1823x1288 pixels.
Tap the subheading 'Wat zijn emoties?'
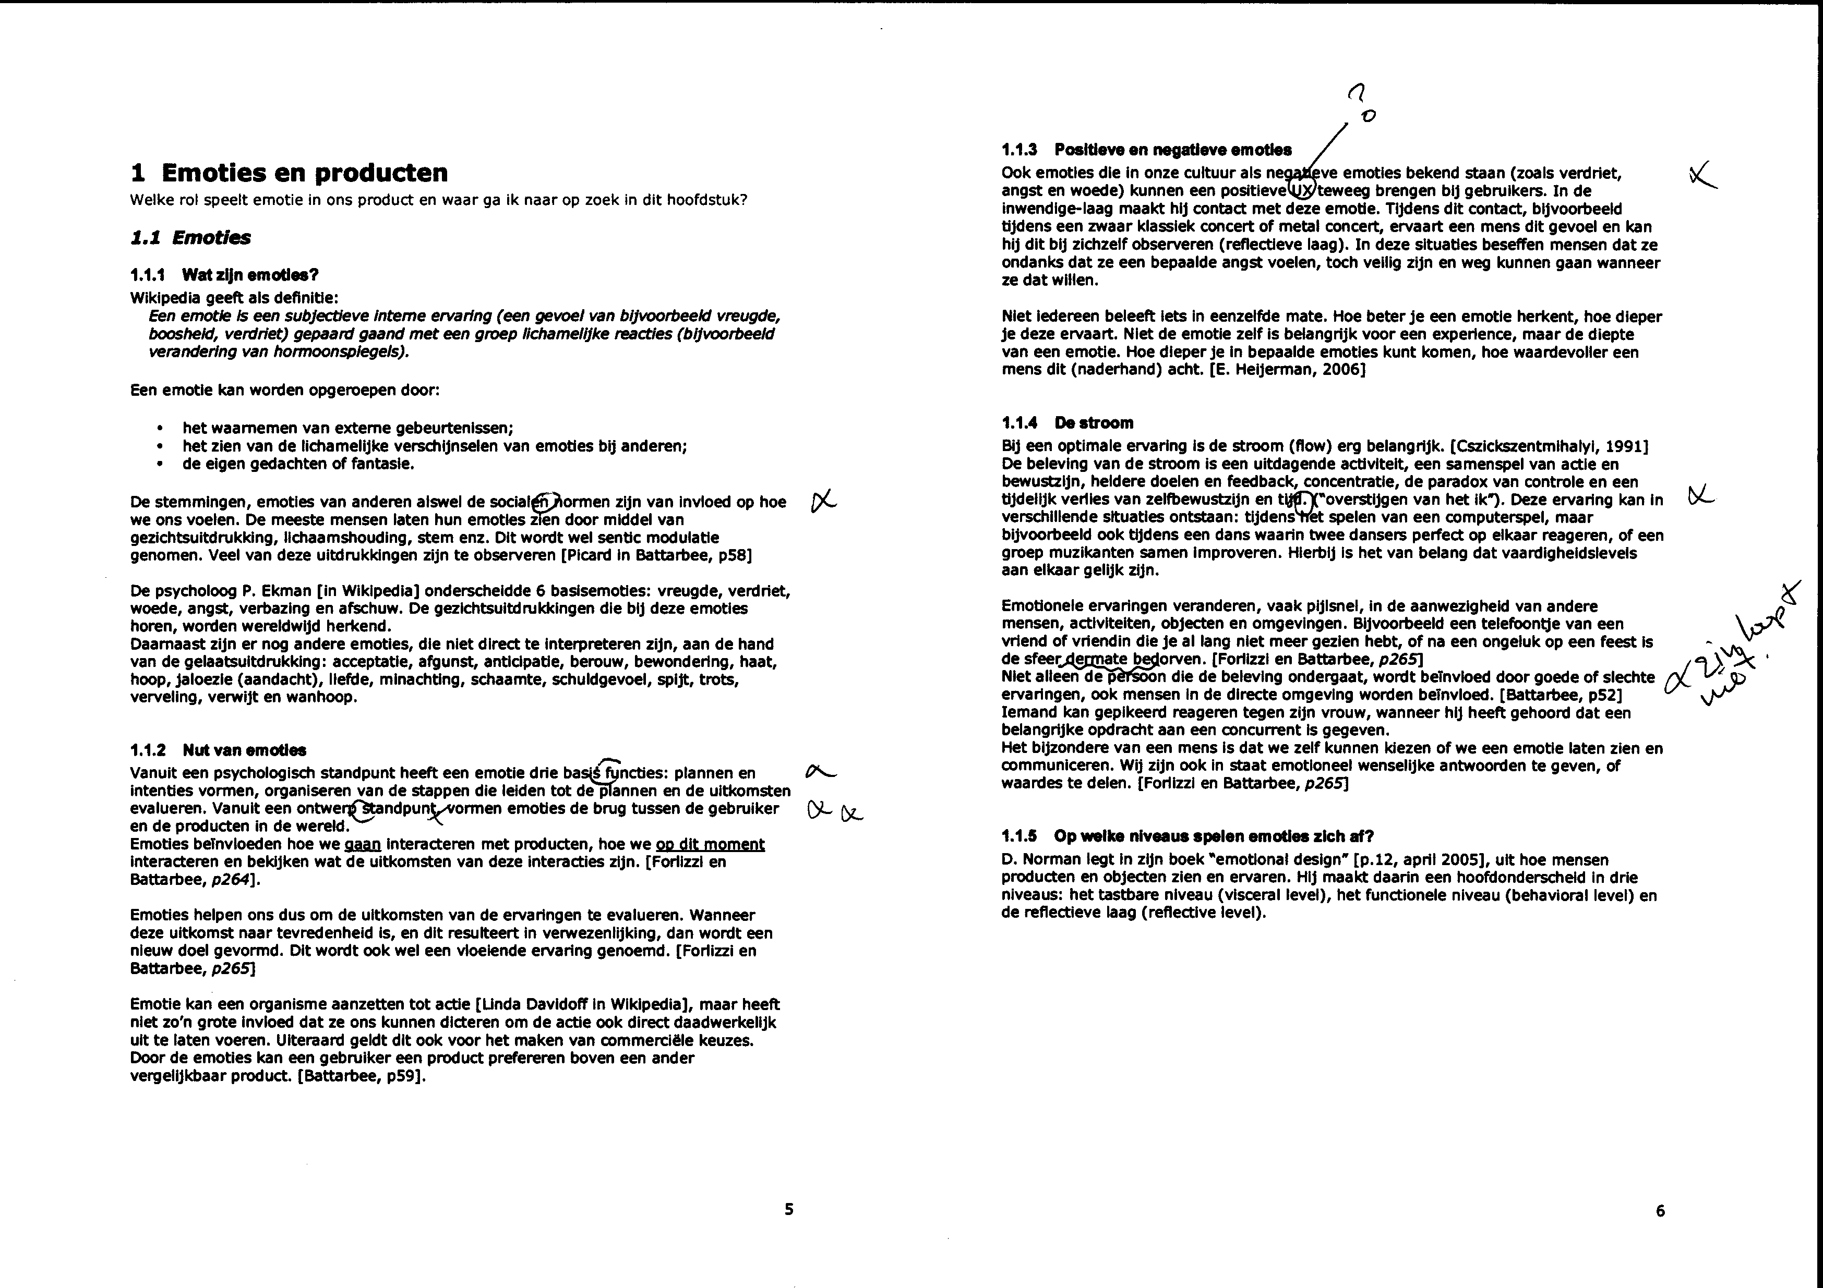pyautogui.click(x=249, y=275)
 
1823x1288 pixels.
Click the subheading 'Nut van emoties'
pyautogui.click(x=244, y=750)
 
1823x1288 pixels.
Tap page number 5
pyautogui.click(x=788, y=1209)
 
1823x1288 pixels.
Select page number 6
pyautogui.click(x=1660, y=1211)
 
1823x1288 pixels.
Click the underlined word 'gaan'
pyautogui.click(x=362, y=844)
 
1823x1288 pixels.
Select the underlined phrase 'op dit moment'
pyautogui.click(x=710, y=844)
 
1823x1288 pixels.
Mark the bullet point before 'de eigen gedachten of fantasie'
pyautogui.click(x=162, y=464)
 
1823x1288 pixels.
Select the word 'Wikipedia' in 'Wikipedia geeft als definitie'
pyautogui.click(x=162, y=298)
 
